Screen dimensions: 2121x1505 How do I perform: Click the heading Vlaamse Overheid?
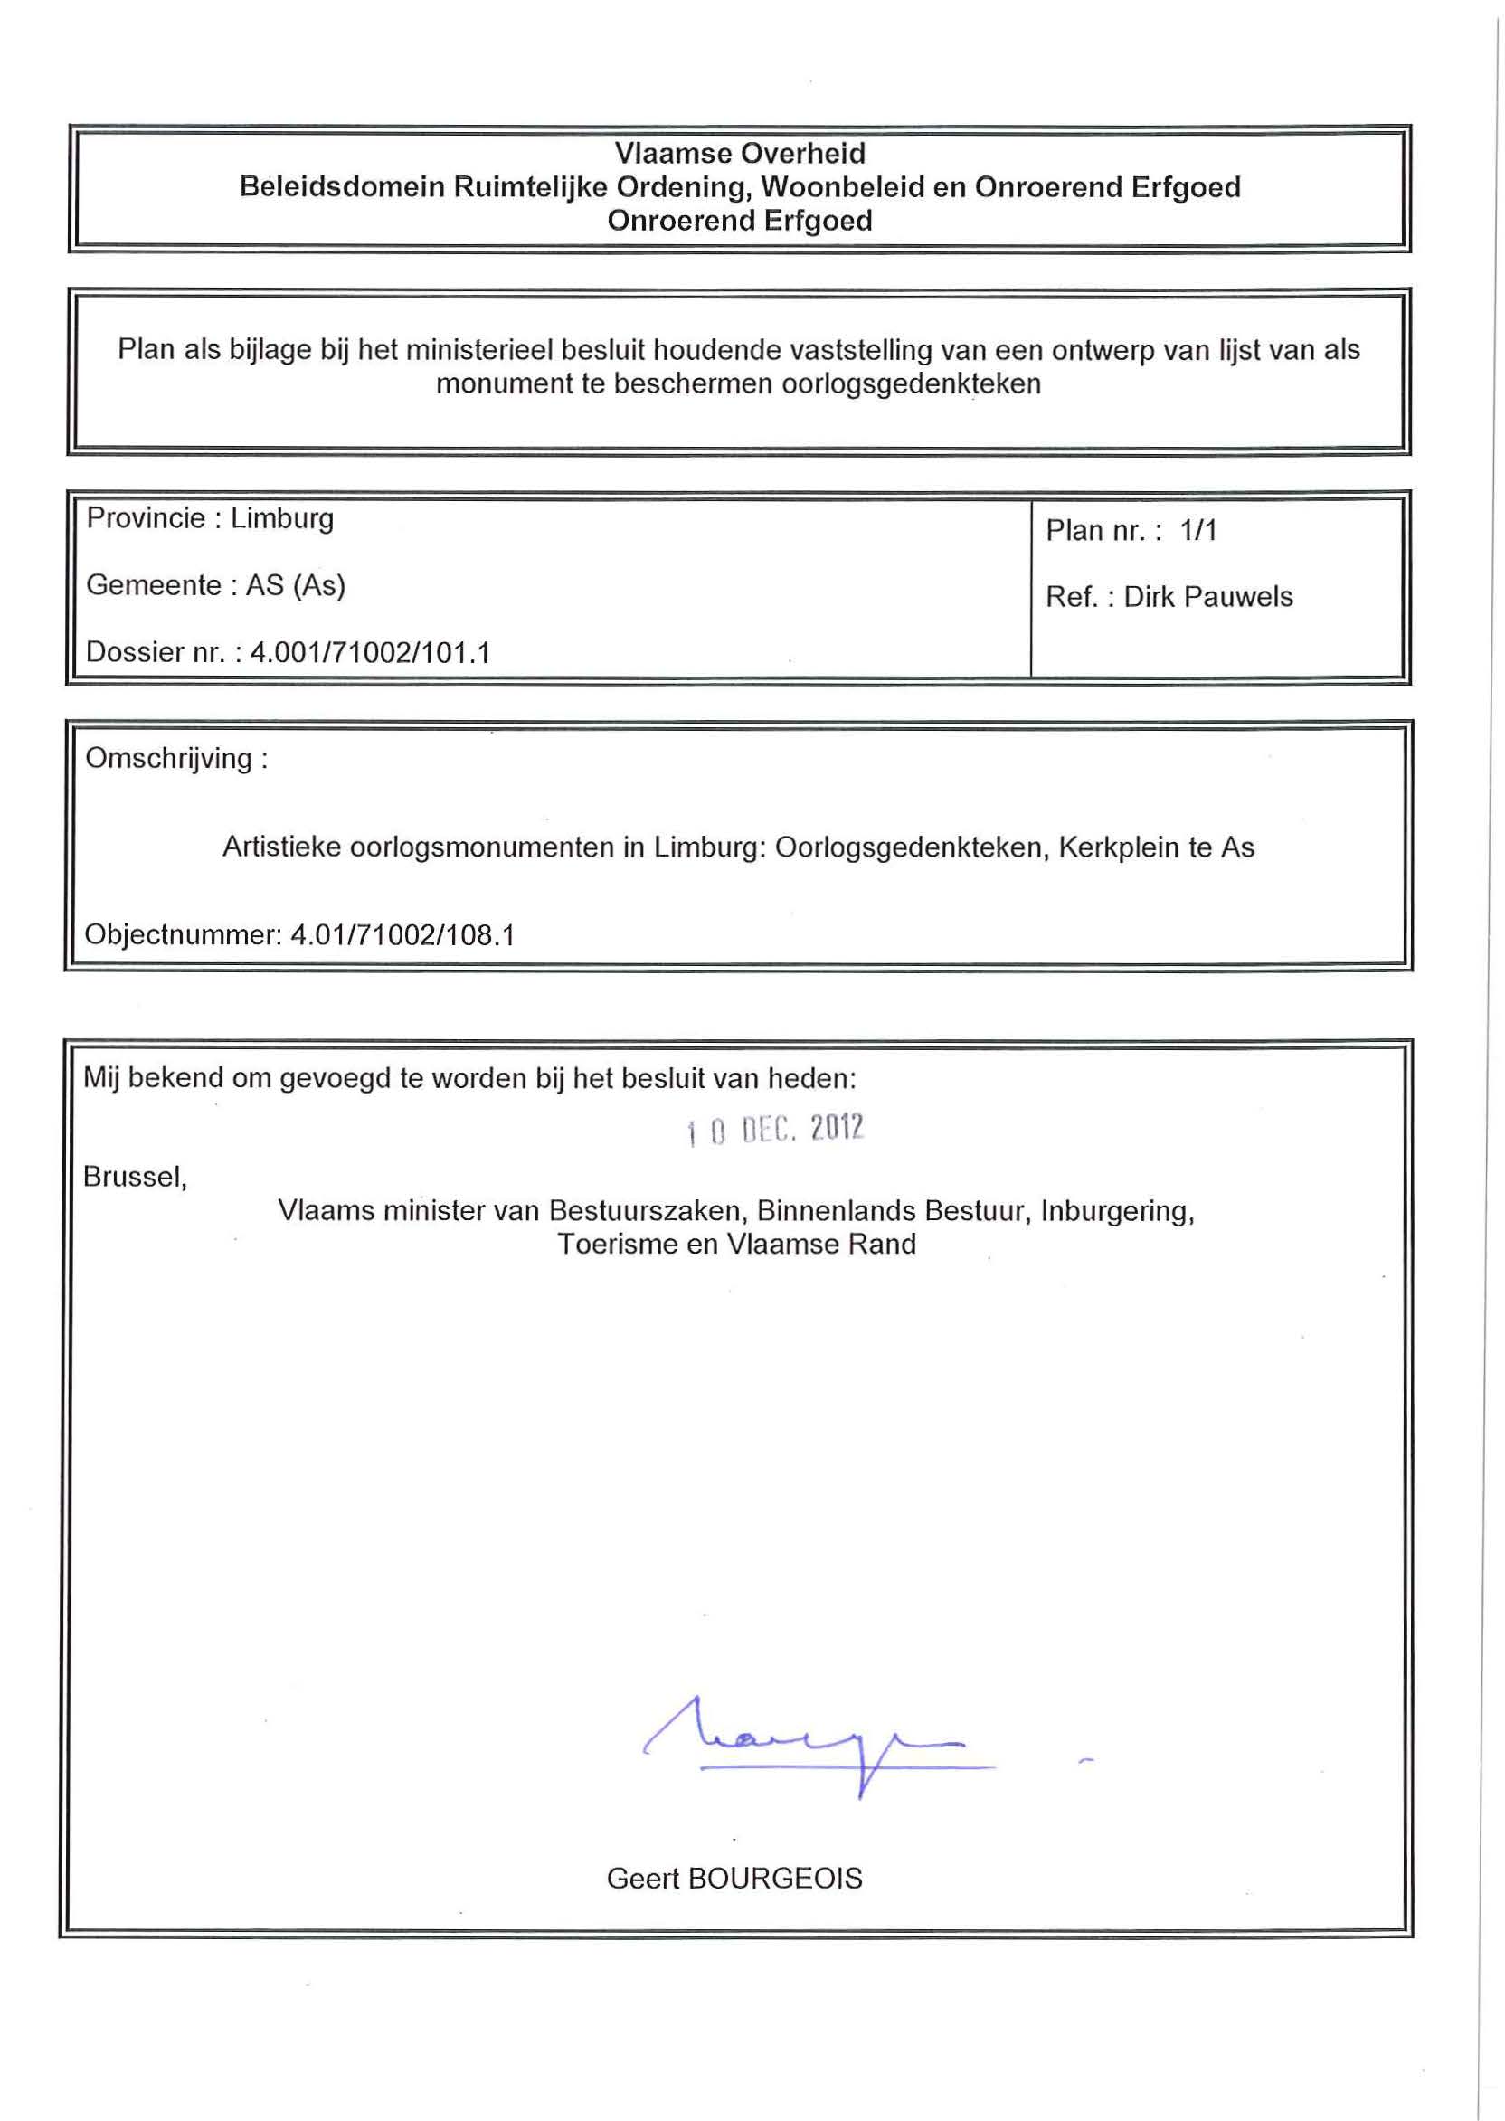[x=740, y=154]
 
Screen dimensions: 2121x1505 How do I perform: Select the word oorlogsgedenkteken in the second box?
[x=911, y=383]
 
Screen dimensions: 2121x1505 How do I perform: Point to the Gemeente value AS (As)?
[x=295, y=585]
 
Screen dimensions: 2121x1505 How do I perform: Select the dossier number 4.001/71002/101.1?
[x=370, y=653]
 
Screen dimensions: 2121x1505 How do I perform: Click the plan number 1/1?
[x=1197, y=530]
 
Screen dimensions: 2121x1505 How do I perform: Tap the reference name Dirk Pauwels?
[x=1207, y=597]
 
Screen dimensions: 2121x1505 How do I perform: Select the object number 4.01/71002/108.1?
[x=402, y=934]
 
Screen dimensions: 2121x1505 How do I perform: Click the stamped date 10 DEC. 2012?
[x=775, y=1130]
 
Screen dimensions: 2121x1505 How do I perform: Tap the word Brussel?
[x=136, y=1177]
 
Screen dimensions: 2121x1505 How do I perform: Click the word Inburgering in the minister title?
[x=1117, y=1211]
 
